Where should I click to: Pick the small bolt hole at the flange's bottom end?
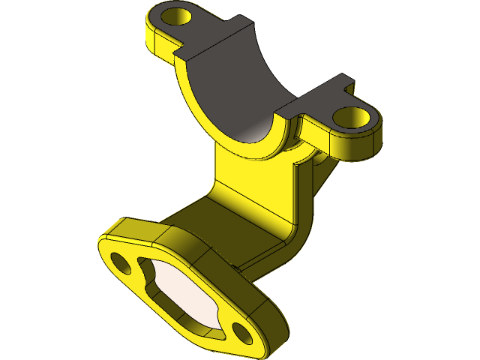(241, 331)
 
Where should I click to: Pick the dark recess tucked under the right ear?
(321, 161)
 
